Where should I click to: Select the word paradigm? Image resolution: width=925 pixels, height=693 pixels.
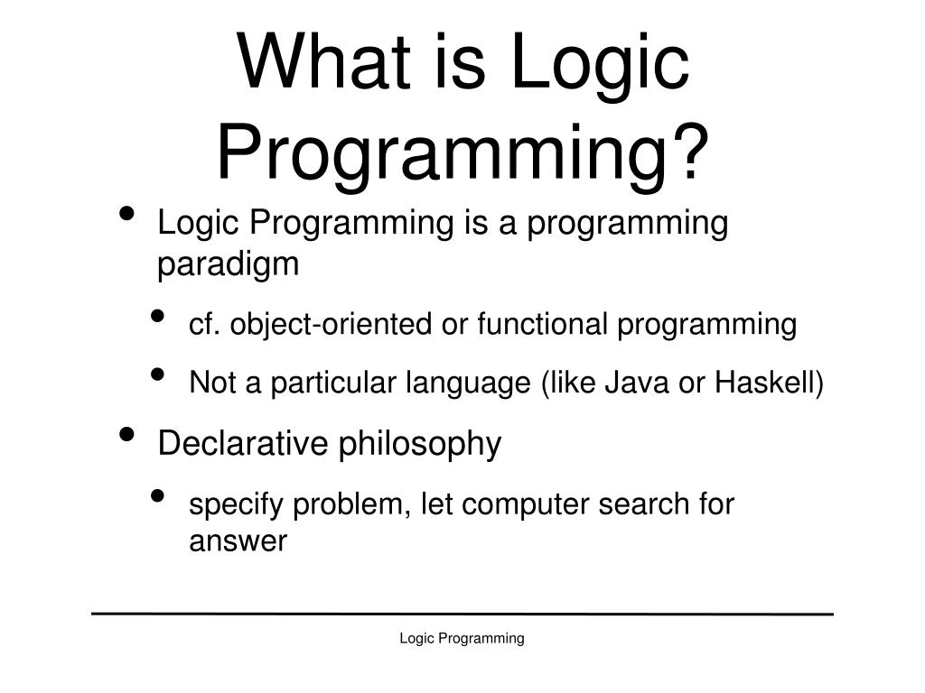[228, 265]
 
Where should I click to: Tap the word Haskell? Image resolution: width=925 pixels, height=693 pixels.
[766, 383]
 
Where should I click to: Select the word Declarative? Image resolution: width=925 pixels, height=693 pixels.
[244, 443]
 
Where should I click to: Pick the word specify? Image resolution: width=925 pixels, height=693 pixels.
[237, 505]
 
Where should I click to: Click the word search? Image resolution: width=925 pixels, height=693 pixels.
[644, 504]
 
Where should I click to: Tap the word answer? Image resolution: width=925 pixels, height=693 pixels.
[238, 542]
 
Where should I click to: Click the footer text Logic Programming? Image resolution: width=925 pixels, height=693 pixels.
[462, 639]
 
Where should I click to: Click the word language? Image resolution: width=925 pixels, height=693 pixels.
[468, 385]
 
